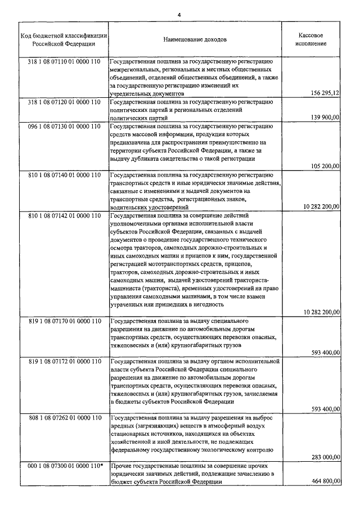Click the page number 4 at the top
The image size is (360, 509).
pos(180,13)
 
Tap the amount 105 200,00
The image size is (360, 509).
pos(326,166)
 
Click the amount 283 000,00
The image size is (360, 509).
pos(326,458)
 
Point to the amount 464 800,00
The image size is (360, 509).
pos(326,482)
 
